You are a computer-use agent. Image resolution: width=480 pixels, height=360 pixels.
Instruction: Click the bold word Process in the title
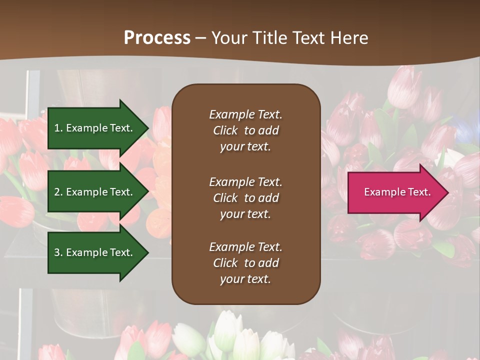point(157,38)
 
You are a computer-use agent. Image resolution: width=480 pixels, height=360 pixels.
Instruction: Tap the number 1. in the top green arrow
point(58,128)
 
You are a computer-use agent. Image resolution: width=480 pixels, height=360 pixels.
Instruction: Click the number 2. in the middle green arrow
point(58,192)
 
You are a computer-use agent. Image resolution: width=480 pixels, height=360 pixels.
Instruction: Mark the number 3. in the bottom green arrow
point(58,252)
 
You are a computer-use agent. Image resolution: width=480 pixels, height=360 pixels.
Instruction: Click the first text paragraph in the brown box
point(245,130)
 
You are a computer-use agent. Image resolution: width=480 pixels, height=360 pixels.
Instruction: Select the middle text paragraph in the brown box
point(245,198)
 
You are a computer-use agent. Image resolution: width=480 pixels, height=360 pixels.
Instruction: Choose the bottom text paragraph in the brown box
point(245,263)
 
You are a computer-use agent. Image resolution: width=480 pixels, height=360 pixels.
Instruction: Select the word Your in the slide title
point(228,38)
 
